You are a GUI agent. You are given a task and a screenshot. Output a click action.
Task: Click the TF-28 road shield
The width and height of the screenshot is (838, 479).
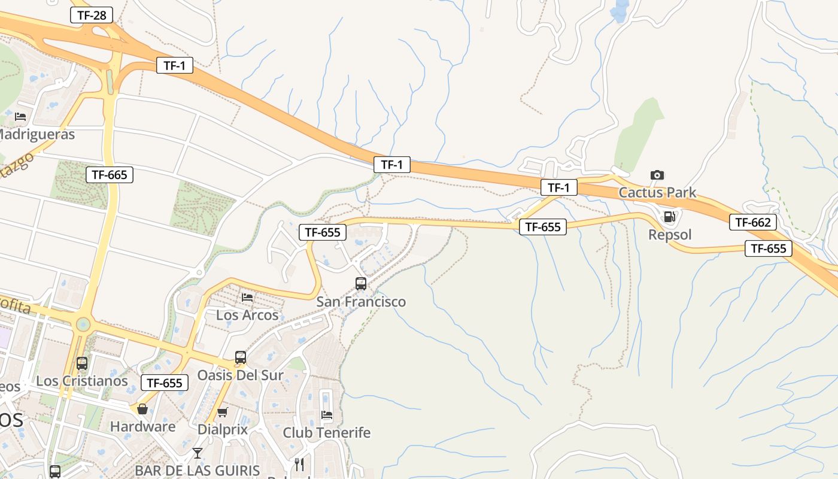pos(92,15)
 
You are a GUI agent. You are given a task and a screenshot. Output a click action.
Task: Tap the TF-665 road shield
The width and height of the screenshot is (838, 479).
pos(110,175)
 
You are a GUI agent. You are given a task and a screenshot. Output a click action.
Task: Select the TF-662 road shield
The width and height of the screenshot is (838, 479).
pos(753,222)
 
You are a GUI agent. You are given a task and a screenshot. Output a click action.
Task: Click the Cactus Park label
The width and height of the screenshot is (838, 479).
pos(657,192)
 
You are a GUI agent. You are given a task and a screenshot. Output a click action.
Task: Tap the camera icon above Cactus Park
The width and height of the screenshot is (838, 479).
pos(657,175)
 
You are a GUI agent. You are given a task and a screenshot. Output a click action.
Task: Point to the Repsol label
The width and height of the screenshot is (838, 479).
pos(670,234)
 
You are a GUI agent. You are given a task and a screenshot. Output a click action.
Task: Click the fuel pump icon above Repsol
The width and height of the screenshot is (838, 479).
pos(670,217)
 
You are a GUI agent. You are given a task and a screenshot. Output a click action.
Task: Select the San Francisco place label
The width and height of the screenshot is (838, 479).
pos(361,301)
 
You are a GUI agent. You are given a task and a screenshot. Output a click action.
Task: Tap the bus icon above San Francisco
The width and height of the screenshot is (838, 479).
pos(361,284)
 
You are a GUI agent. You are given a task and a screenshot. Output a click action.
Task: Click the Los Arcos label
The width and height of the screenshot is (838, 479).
pos(247,314)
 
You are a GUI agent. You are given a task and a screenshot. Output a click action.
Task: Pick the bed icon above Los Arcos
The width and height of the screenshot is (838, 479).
pos(247,297)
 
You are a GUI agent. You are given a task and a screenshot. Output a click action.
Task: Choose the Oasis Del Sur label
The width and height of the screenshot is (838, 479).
pos(241,375)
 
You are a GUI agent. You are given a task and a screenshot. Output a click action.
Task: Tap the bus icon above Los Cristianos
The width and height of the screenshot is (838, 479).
pos(82,363)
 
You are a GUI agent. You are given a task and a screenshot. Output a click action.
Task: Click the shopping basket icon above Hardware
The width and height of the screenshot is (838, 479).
pos(142,409)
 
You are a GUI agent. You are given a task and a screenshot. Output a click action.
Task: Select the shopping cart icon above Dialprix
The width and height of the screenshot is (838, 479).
pos(223,412)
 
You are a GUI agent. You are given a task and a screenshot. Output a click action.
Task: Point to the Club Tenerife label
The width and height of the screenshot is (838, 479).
pos(327,432)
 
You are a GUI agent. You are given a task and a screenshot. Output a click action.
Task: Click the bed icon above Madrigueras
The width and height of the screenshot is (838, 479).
pos(20,116)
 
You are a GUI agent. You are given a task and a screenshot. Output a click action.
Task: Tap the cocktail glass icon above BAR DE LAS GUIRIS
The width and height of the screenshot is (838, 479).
pos(198,453)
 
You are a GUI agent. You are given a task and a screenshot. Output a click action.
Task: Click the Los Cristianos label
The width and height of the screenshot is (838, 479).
pos(82,381)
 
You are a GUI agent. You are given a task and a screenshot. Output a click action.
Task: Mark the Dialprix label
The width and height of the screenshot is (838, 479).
pos(223,429)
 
